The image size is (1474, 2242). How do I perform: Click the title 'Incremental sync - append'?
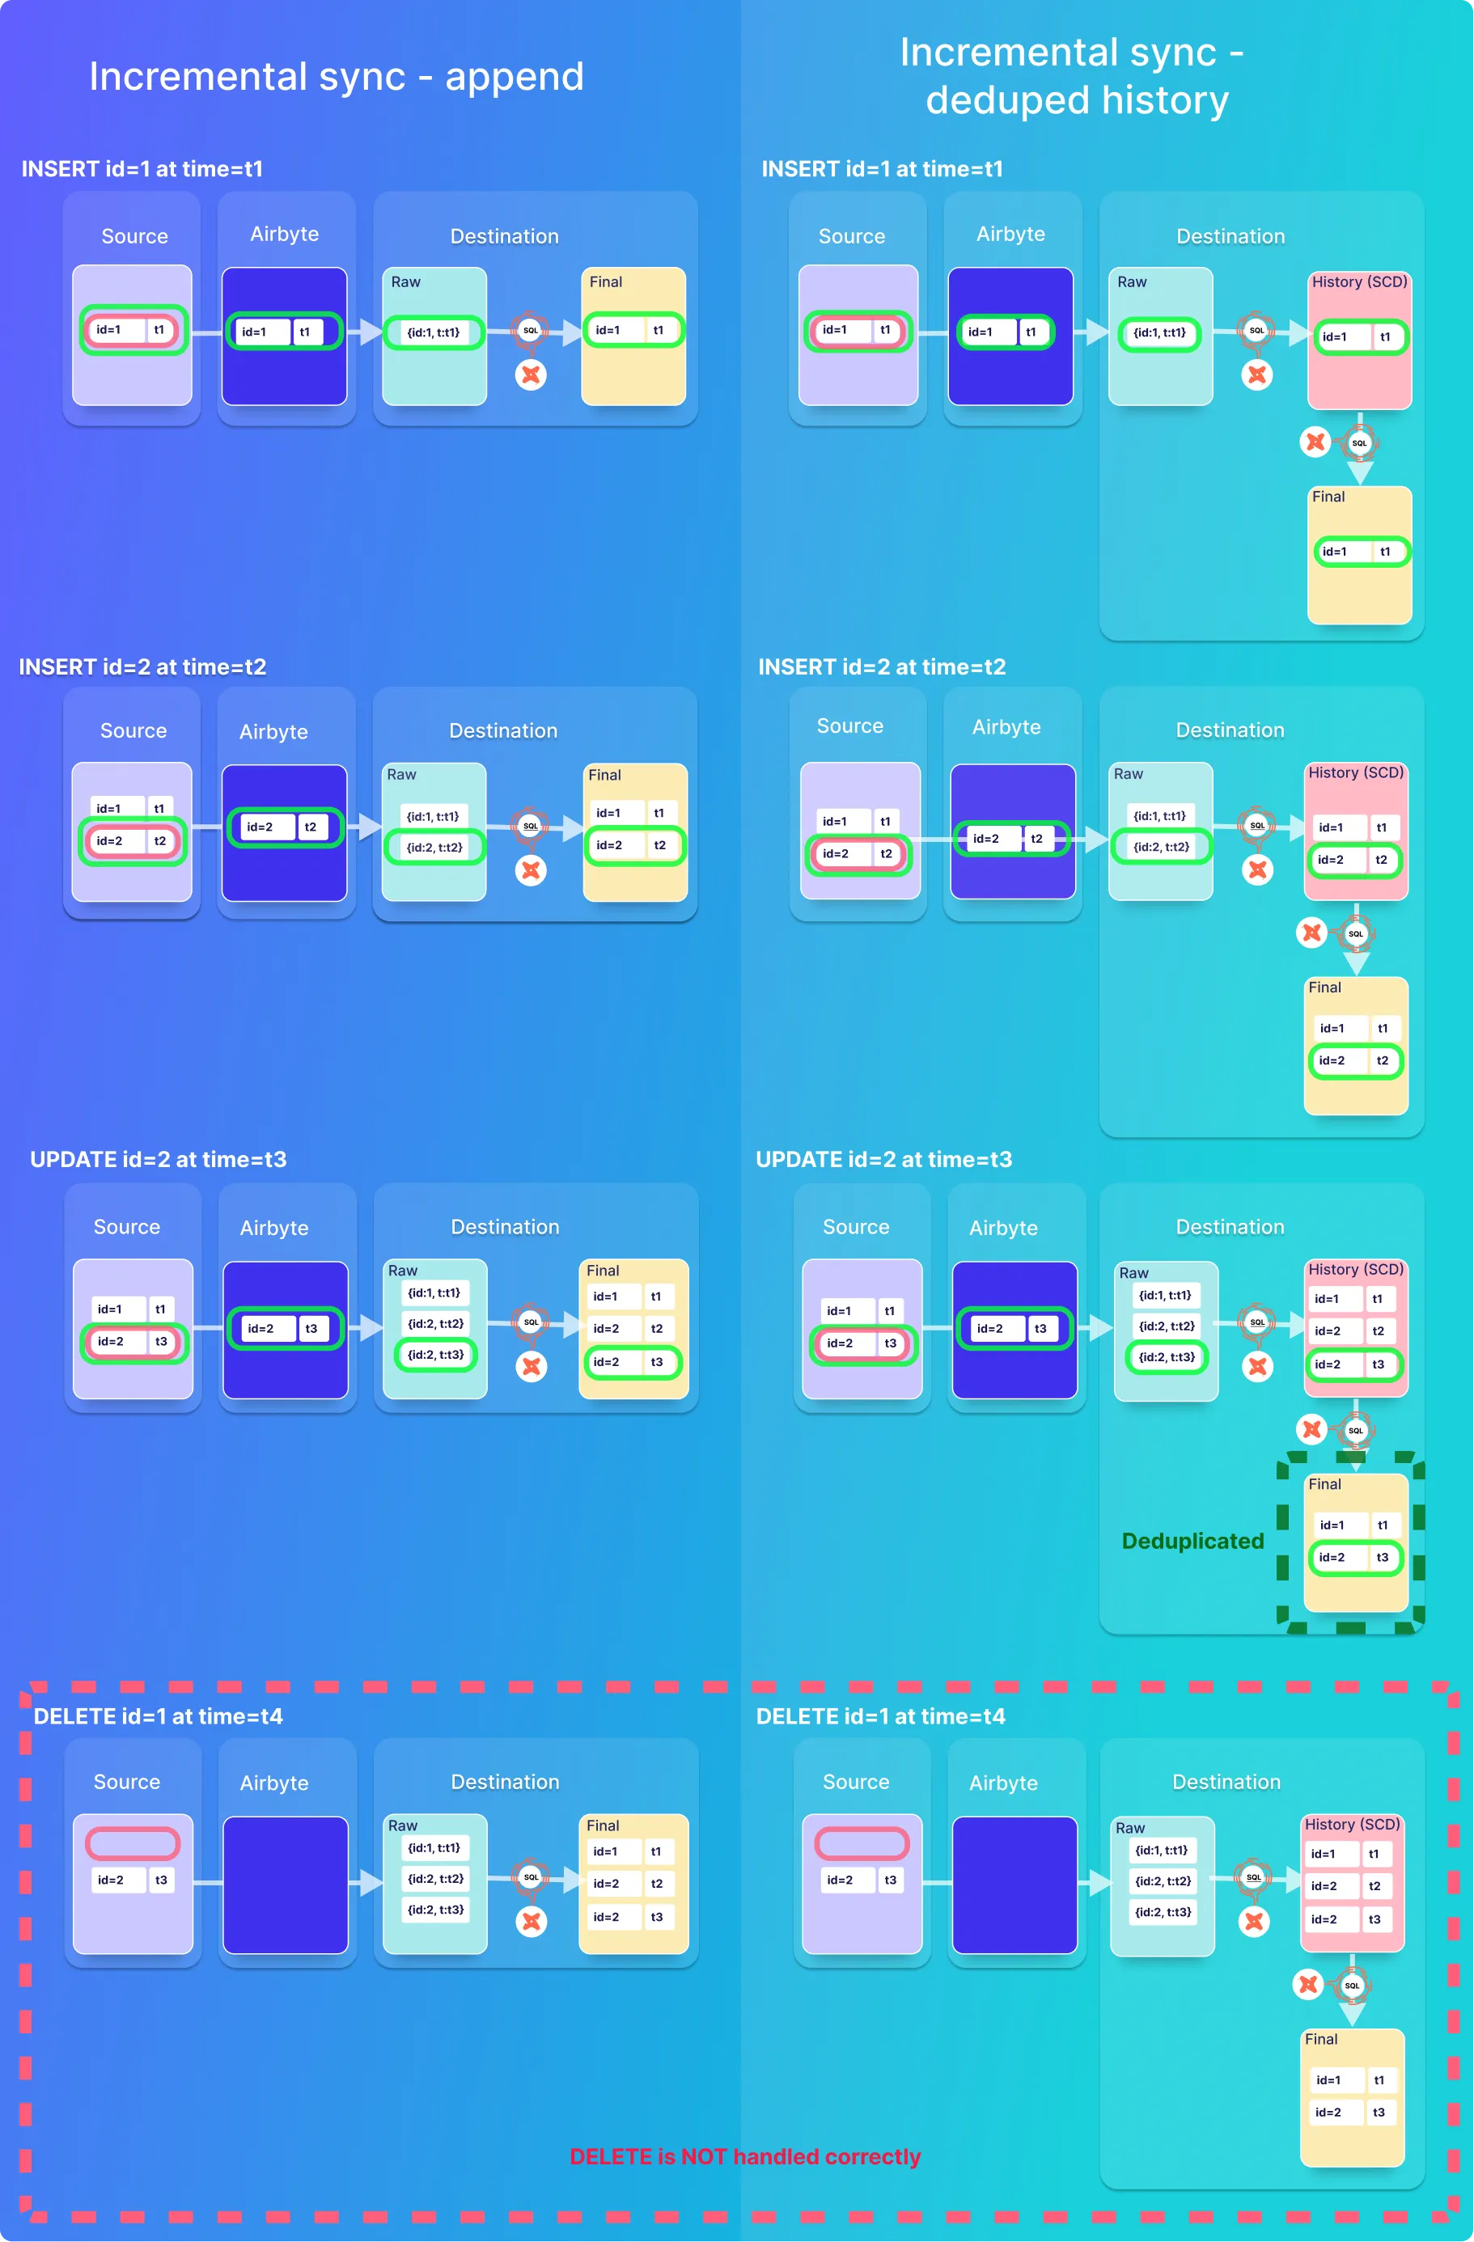(337, 76)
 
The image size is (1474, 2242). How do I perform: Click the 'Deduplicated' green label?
(1192, 1541)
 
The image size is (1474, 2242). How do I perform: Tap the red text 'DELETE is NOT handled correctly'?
(744, 2156)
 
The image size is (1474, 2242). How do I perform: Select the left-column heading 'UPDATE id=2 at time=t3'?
(159, 1160)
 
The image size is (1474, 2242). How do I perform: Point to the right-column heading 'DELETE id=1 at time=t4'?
(880, 1716)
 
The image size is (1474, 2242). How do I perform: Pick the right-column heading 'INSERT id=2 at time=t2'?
(882, 667)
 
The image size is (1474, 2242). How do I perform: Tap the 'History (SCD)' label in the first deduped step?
(1359, 281)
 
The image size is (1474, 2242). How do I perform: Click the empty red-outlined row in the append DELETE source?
(133, 1842)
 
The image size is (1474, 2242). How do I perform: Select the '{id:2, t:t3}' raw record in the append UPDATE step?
(435, 1355)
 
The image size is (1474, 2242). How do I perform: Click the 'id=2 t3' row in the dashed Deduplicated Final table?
(1354, 1557)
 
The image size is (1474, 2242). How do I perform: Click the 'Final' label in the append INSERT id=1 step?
(606, 281)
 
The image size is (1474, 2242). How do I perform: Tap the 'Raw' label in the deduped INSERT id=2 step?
(1128, 773)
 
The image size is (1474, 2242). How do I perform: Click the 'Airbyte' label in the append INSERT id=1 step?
(285, 234)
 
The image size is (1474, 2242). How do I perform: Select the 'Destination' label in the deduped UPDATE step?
(1230, 1226)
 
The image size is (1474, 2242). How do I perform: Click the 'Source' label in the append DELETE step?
(127, 1781)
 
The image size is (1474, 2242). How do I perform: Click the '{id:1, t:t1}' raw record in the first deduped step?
(1159, 332)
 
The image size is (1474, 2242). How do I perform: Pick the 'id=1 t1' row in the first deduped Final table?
(1360, 551)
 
